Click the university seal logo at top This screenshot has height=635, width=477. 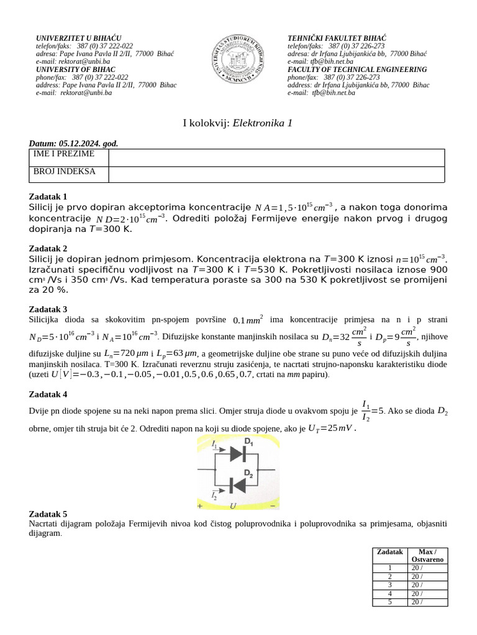[x=238, y=60]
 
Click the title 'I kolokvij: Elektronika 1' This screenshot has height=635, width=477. [x=238, y=123]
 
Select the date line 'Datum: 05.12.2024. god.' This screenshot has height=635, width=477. [x=73, y=143]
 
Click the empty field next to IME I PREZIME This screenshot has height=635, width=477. [x=276, y=157]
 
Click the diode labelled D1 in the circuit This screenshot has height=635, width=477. [x=237, y=454]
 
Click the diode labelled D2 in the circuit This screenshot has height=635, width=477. [x=237, y=484]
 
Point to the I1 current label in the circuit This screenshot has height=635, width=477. [x=214, y=445]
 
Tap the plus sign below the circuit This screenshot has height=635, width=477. [x=200, y=506]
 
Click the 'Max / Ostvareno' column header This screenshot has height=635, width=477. [x=427, y=556]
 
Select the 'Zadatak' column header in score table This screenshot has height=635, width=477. [x=390, y=552]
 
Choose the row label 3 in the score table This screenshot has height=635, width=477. [x=390, y=584]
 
